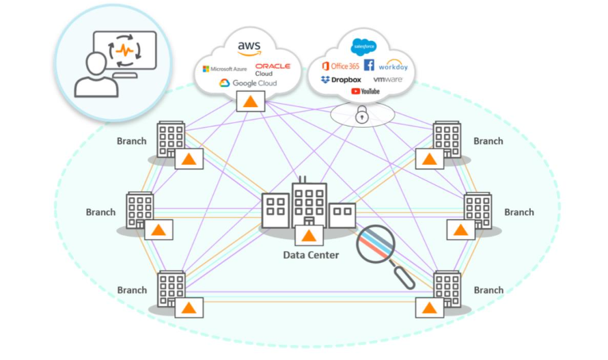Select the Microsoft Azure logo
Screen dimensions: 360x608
click(225, 69)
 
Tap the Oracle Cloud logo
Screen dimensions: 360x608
click(272, 69)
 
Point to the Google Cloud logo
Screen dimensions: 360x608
click(248, 83)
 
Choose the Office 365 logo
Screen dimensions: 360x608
click(340, 66)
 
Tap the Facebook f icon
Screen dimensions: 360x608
click(369, 66)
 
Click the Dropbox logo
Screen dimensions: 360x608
click(341, 80)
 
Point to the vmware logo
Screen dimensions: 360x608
click(387, 80)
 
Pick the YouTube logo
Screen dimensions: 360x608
click(365, 92)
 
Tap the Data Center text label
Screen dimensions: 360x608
click(312, 255)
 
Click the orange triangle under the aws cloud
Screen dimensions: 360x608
click(251, 102)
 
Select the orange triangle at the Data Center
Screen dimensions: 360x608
click(309, 236)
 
